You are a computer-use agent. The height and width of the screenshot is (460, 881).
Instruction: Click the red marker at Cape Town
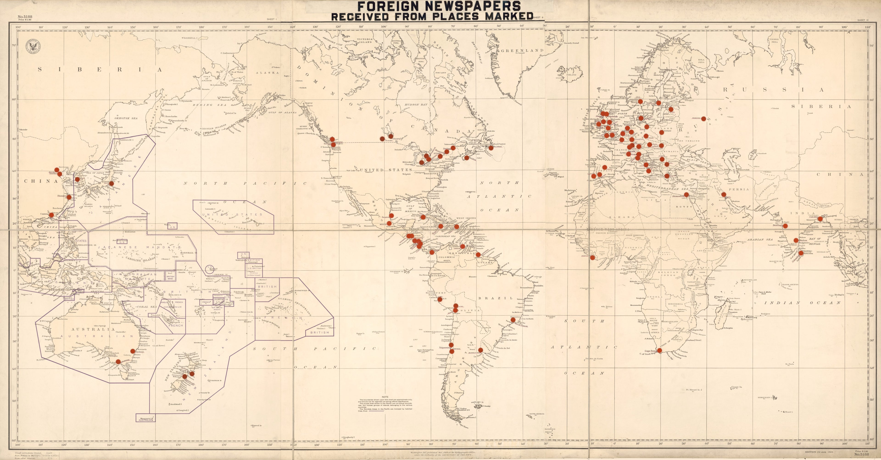tap(659, 350)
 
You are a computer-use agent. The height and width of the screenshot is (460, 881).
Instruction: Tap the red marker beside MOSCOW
tap(703, 119)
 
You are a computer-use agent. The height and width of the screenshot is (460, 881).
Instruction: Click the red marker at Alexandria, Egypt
tap(686, 195)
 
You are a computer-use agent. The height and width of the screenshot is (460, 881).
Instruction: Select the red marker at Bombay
tap(785, 226)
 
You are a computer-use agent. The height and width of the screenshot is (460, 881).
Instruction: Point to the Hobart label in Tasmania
tap(125, 379)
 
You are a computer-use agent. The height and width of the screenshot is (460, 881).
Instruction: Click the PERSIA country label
tap(739, 189)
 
